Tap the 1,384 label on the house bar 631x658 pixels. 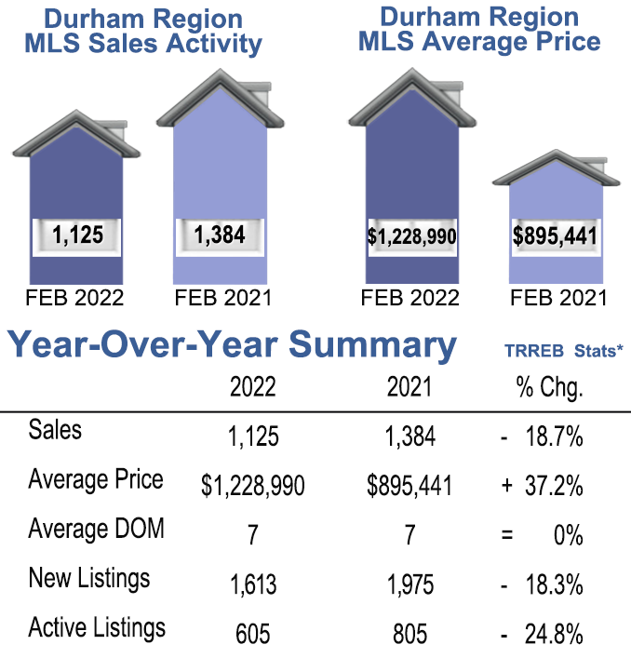click(x=220, y=235)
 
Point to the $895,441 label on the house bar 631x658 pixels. click(x=555, y=236)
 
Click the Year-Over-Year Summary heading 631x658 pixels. click(x=233, y=345)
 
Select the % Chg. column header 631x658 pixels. click(x=549, y=387)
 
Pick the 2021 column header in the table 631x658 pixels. click(x=409, y=387)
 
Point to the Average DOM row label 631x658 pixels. click(x=97, y=529)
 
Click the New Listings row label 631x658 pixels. click(x=89, y=578)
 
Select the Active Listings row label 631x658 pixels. click(x=97, y=627)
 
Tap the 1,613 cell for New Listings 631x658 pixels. click(x=253, y=584)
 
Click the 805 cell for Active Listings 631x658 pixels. click(x=409, y=635)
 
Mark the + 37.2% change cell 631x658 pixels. click(x=542, y=486)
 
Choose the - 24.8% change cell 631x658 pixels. click(x=542, y=635)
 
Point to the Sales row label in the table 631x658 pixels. click(x=55, y=430)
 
